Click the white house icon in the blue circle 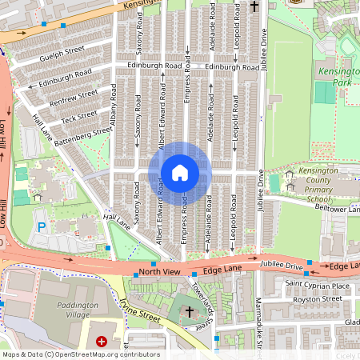(180, 173)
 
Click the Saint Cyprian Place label (318, 285)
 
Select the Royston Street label (318, 299)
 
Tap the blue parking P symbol (42, 227)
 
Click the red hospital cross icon (102, 342)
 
